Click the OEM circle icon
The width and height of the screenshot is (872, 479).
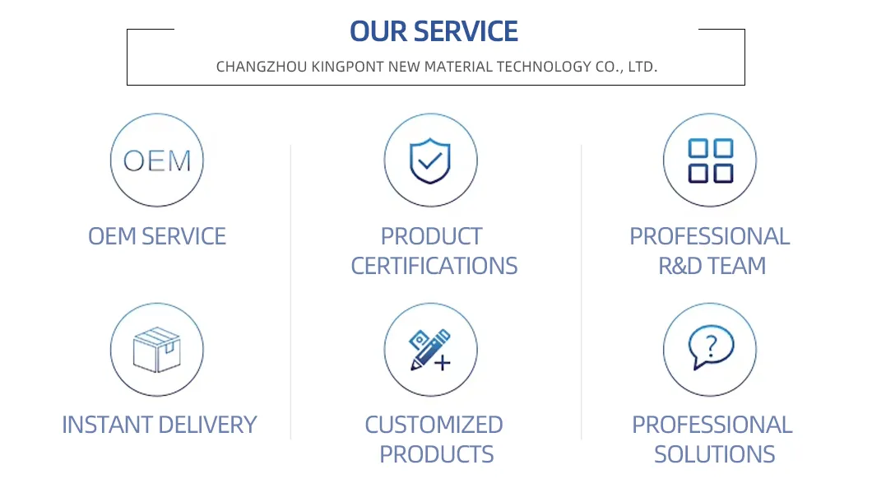pyautogui.click(x=157, y=160)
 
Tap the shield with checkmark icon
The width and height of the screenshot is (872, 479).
pyautogui.click(x=430, y=160)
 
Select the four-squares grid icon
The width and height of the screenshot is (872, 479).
pyautogui.click(x=710, y=160)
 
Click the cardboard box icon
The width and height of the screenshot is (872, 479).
pyautogui.click(x=157, y=350)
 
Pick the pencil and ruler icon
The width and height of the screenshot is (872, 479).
pyautogui.click(x=430, y=350)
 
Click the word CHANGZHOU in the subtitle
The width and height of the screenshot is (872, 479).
pyautogui.click(x=262, y=67)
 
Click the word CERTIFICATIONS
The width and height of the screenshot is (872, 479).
pyautogui.click(x=434, y=266)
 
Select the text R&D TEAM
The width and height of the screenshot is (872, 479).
pyautogui.click(x=712, y=266)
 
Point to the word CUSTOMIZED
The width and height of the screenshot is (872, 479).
pyautogui.click(x=434, y=425)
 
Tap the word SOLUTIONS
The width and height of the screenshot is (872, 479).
pyautogui.click(x=715, y=454)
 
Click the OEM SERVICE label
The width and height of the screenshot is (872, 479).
pyautogui.click(x=157, y=236)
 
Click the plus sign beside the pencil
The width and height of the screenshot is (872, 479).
pyautogui.click(x=443, y=363)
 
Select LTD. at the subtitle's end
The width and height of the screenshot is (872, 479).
pyautogui.click(x=642, y=67)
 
